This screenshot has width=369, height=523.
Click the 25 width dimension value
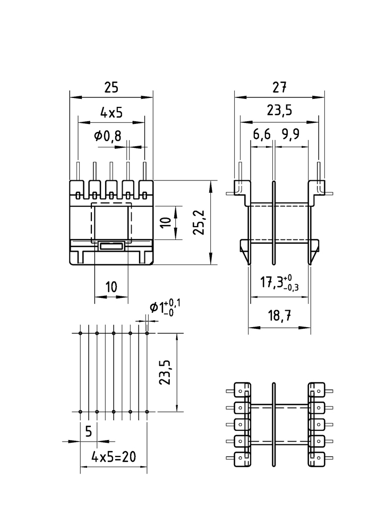click(111, 88)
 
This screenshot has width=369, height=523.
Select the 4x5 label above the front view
click(111, 112)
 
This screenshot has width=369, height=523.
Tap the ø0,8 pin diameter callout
click(108, 136)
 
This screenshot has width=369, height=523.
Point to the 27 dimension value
click(279, 88)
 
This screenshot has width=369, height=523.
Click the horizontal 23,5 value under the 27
click(279, 110)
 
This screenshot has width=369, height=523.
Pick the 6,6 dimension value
click(262, 135)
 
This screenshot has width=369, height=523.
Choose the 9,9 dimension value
click(290, 135)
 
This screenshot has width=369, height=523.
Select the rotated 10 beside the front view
click(166, 222)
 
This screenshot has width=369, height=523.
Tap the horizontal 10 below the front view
click(111, 287)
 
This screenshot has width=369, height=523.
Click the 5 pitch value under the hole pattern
click(89, 431)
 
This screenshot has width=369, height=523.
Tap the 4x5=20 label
click(113, 456)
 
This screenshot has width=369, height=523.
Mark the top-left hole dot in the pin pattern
click(80, 333)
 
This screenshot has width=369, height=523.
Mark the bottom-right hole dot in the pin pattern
click(147, 412)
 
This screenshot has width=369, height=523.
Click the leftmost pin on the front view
click(78, 171)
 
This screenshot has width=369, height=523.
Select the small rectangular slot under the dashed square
click(111, 245)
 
